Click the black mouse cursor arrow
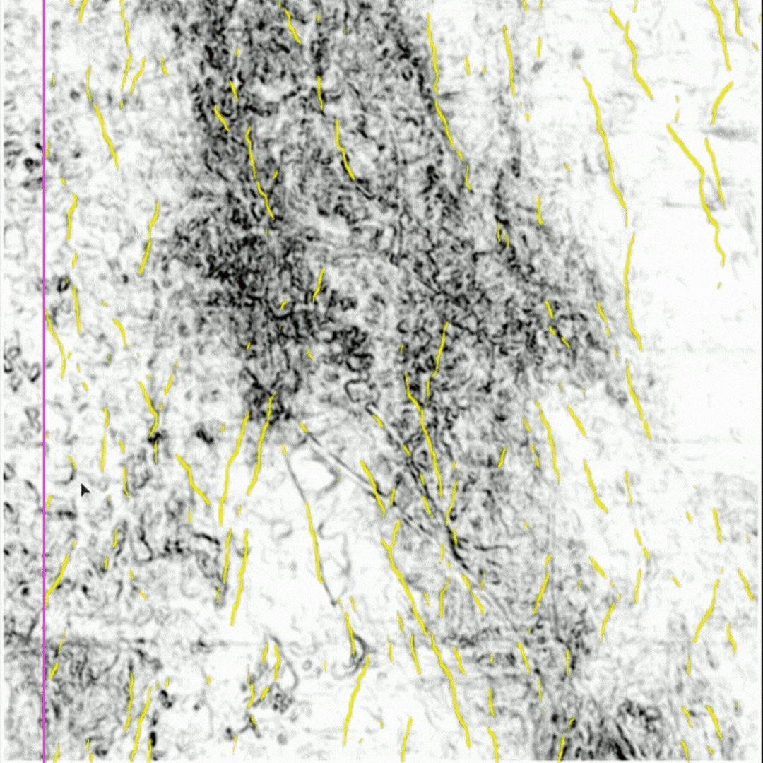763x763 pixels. coord(85,490)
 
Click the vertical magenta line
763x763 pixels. coord(44,381)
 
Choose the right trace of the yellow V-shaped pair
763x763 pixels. coord(261,445)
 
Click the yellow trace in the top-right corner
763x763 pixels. coord(720,35)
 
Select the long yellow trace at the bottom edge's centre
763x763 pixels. coord(356,699)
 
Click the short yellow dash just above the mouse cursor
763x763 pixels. coord(72,463)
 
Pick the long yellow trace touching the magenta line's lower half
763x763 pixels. coord(57,579)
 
